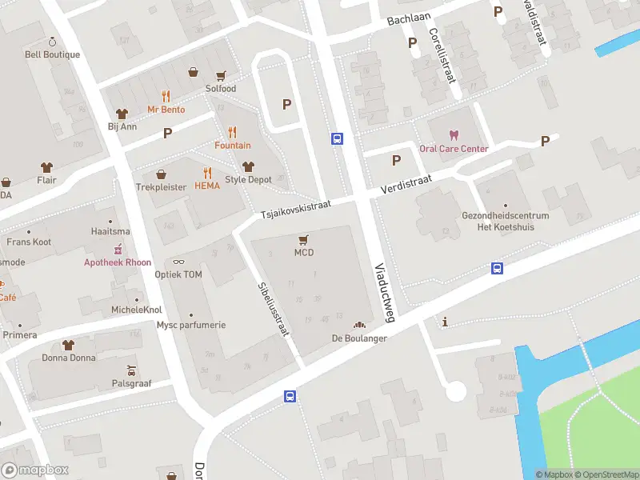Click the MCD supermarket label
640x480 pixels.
point(303,253)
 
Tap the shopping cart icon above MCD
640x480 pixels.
point(303,239)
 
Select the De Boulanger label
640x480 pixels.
point(359,338)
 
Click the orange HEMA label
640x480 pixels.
point(207,186)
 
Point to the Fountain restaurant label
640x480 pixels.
point(232,146)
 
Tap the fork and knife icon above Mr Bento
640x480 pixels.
point(166,95)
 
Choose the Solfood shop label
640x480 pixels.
point(221,89)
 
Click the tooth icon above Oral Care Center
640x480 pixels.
point(454,134)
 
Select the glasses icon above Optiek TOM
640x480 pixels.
point(178,262)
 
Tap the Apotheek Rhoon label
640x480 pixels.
point(118,262)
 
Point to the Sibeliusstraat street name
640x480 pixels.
point(274,308)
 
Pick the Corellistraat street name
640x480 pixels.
point(442,55)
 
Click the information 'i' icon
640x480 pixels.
point(446,322)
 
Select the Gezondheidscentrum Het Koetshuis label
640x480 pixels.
point(505,221)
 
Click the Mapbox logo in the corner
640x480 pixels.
point(35,470)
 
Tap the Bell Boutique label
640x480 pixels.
point(53,54)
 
